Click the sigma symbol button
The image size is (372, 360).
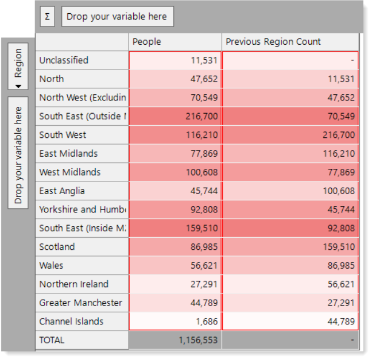coord(48,17)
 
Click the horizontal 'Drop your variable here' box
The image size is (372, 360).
coord(118,17)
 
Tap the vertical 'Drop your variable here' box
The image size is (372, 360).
coord(18,153)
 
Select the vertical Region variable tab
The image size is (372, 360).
coord(18,66)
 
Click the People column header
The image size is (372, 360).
coord(175,42)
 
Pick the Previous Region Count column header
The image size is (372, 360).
coord(290,42)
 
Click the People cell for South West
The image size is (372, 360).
coord(175,135)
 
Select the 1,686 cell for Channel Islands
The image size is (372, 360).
coord(175,322)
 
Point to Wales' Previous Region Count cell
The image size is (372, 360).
coord(290,265)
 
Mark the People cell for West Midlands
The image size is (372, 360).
coord(175,172)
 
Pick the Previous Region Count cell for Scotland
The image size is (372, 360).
coord(290,247)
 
